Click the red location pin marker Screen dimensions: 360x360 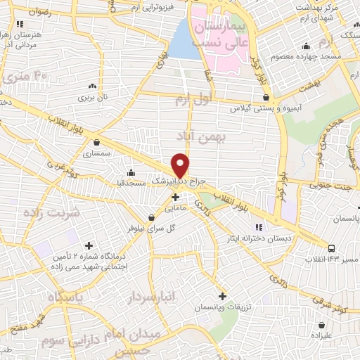pos(181,164)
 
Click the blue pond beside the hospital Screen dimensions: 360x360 pos(185,39)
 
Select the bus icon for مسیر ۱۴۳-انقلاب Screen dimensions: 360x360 pos(331,247)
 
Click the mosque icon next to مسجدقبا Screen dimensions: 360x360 pos(131,172)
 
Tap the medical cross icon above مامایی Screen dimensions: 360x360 pos(175,197)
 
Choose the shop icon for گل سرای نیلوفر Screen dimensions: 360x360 pos(151,217)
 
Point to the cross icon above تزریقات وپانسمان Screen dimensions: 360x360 pos(223,297)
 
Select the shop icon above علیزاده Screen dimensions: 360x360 pos(322,325)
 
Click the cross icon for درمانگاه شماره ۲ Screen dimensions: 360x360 pos(89,245)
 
